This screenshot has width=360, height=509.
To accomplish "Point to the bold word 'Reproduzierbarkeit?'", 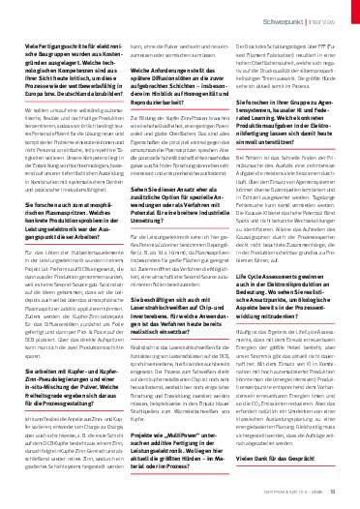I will [x=165, y=112].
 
